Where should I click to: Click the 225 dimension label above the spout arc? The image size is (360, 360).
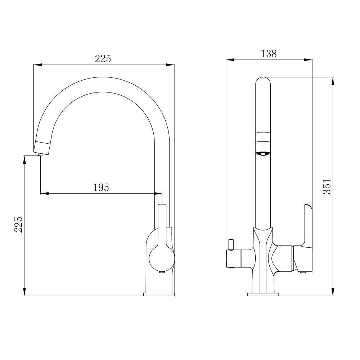pyautogui.click(x=103, y=59)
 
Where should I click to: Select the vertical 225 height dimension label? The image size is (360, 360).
pyautogui.click(x=19, y=225)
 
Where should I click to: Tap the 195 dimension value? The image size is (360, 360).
pyautogui.click(x=101, y=188)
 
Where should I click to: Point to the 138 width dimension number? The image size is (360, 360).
pyautogui.click(x=269, y=54)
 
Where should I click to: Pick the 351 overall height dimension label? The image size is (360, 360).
pyautogui.click(x=327, y=186)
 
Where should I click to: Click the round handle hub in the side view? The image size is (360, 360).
pyautogui.click(x=162, y=258)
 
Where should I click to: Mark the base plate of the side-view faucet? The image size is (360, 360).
pyautogui.click(x=159, y=294)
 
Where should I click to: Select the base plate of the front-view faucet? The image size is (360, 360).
pyautogui.click(x=263, y=294)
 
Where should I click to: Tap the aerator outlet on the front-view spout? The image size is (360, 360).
pyautogui.click(x=263, y=153)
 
